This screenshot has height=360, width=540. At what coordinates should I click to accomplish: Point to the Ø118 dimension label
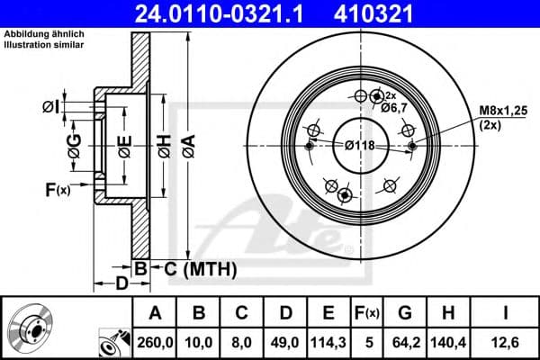click(x=360, y=144)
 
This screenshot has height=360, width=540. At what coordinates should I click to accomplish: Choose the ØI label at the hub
click(x=51, y=109)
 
